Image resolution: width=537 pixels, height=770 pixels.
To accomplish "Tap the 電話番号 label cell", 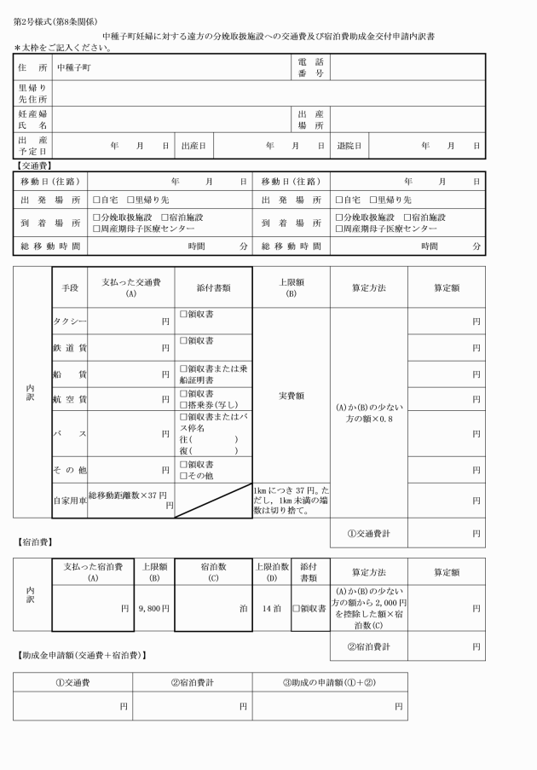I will (311, 67).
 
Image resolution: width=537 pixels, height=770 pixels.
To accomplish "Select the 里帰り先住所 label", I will (32, 92).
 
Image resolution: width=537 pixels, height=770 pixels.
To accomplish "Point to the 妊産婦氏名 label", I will (32, 119).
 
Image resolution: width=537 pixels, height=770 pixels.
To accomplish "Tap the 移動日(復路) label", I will (291, 181).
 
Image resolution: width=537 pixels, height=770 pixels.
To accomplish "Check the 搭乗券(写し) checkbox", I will (183, 403).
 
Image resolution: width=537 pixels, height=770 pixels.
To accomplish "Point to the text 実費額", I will (290, 396).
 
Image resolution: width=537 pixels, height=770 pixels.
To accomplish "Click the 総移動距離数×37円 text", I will (128, 495).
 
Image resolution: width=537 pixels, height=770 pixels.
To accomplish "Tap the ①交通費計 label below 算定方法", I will (368, 534).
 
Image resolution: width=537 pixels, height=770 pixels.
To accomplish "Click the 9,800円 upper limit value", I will (154, 608).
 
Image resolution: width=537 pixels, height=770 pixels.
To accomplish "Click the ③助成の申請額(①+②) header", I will (329, 682).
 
